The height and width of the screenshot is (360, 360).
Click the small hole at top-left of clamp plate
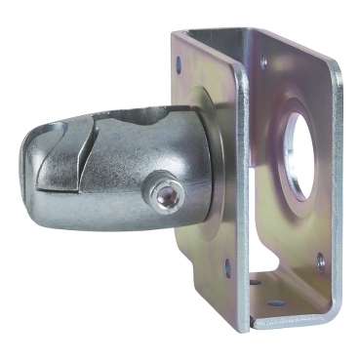[180, 62]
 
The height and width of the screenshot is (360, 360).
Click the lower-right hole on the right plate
[321, 259]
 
